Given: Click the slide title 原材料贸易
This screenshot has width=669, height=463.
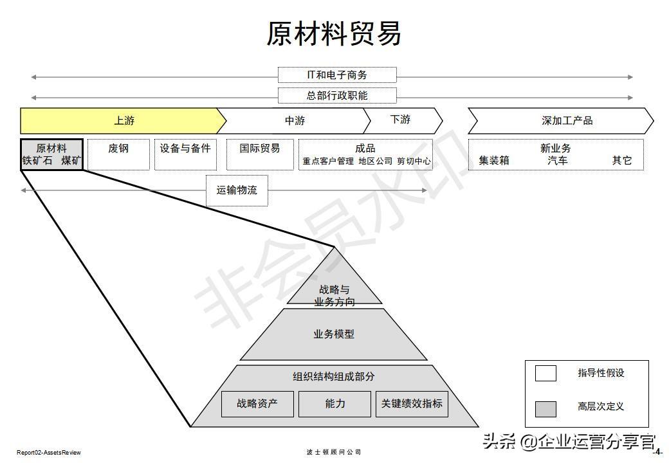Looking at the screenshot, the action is tap(334, 33).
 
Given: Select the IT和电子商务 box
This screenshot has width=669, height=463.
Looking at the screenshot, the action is tap(337, 75).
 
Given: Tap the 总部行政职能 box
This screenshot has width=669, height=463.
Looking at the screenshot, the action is tap(337, 96).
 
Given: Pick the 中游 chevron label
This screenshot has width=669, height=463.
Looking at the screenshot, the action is tap(295, 121).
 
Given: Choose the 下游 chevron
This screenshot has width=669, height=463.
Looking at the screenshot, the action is tap(401, 120).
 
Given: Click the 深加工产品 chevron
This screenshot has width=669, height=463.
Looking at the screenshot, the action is tap(560, 121).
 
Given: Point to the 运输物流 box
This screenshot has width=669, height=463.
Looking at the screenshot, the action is tap(237, 190).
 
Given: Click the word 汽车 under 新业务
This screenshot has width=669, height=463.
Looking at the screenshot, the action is tap(557, 161).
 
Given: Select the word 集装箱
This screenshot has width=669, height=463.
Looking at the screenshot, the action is tap(494, 161).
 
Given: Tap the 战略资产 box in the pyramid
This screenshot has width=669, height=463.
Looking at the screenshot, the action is tap(257, 404).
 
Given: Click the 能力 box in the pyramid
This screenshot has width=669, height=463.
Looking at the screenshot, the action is tap(334, 404).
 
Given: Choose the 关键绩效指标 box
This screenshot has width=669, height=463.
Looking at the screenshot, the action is tap(412, 404).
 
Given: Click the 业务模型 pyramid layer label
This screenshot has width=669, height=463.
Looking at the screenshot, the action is tap(334, 334).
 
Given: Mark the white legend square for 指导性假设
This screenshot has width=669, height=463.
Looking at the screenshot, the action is tap(545, 373).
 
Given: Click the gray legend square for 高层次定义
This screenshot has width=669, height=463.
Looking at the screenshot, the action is tap(545, 409).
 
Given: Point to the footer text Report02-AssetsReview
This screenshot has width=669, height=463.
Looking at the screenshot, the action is tap(49, 453).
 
